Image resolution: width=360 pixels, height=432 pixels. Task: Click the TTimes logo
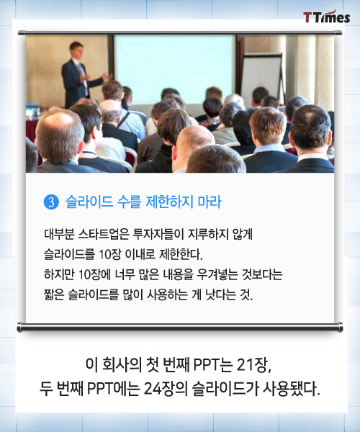coord(327,17)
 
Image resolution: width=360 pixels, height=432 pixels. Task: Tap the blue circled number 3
coord(51,202)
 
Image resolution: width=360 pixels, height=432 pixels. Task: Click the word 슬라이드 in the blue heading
coord(89,202)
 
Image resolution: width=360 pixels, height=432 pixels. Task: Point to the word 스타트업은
coord(104,234)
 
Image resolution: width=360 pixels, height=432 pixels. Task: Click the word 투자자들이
coord(158,234)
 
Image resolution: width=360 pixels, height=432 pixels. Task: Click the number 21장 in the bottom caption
coord(253,365)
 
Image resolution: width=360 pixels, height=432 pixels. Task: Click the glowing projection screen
coord(175,69)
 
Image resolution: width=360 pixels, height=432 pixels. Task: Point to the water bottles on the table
coord(33,112)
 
